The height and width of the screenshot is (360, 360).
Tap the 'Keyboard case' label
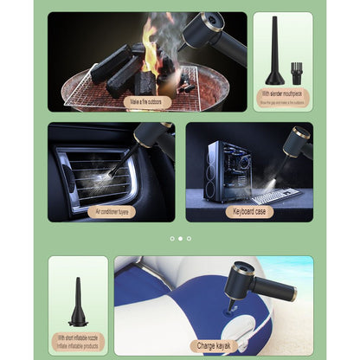pos(248,211)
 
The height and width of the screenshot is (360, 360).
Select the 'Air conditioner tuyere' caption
pos(111,211)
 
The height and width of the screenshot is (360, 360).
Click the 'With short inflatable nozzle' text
pos(79,337)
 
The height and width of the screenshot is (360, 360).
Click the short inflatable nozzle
pos(78,303)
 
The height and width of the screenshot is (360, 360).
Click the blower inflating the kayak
pos(251,282)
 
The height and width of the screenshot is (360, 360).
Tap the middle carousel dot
pos(180,238)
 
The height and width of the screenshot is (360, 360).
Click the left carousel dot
pos(171,238)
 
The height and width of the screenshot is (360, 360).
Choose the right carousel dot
pos(189,238)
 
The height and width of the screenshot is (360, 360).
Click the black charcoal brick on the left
pos(112,64)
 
